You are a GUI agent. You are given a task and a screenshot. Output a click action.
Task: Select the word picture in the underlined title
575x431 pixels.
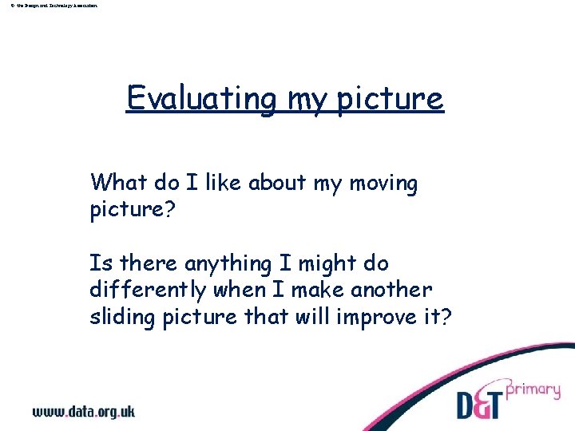tap(390, 99)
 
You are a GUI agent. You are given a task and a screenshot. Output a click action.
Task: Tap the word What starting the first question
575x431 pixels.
tap(119, 183)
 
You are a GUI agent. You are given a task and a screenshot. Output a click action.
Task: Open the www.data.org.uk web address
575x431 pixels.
tap(84, 412)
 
